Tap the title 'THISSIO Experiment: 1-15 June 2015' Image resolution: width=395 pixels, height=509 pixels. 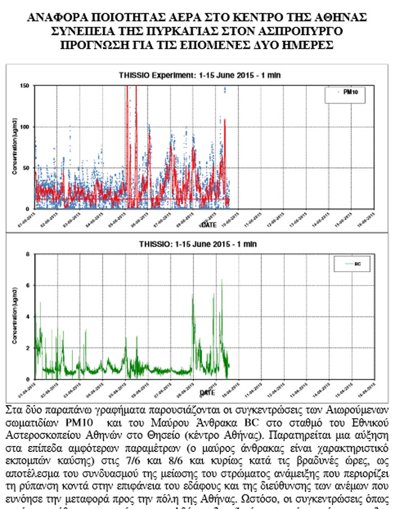click(200, 75)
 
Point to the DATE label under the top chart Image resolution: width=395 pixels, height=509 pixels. click(208, 225)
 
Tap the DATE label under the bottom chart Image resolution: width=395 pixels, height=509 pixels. click(208, 393)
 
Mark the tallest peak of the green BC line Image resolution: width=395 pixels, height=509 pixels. click(222, 280)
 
